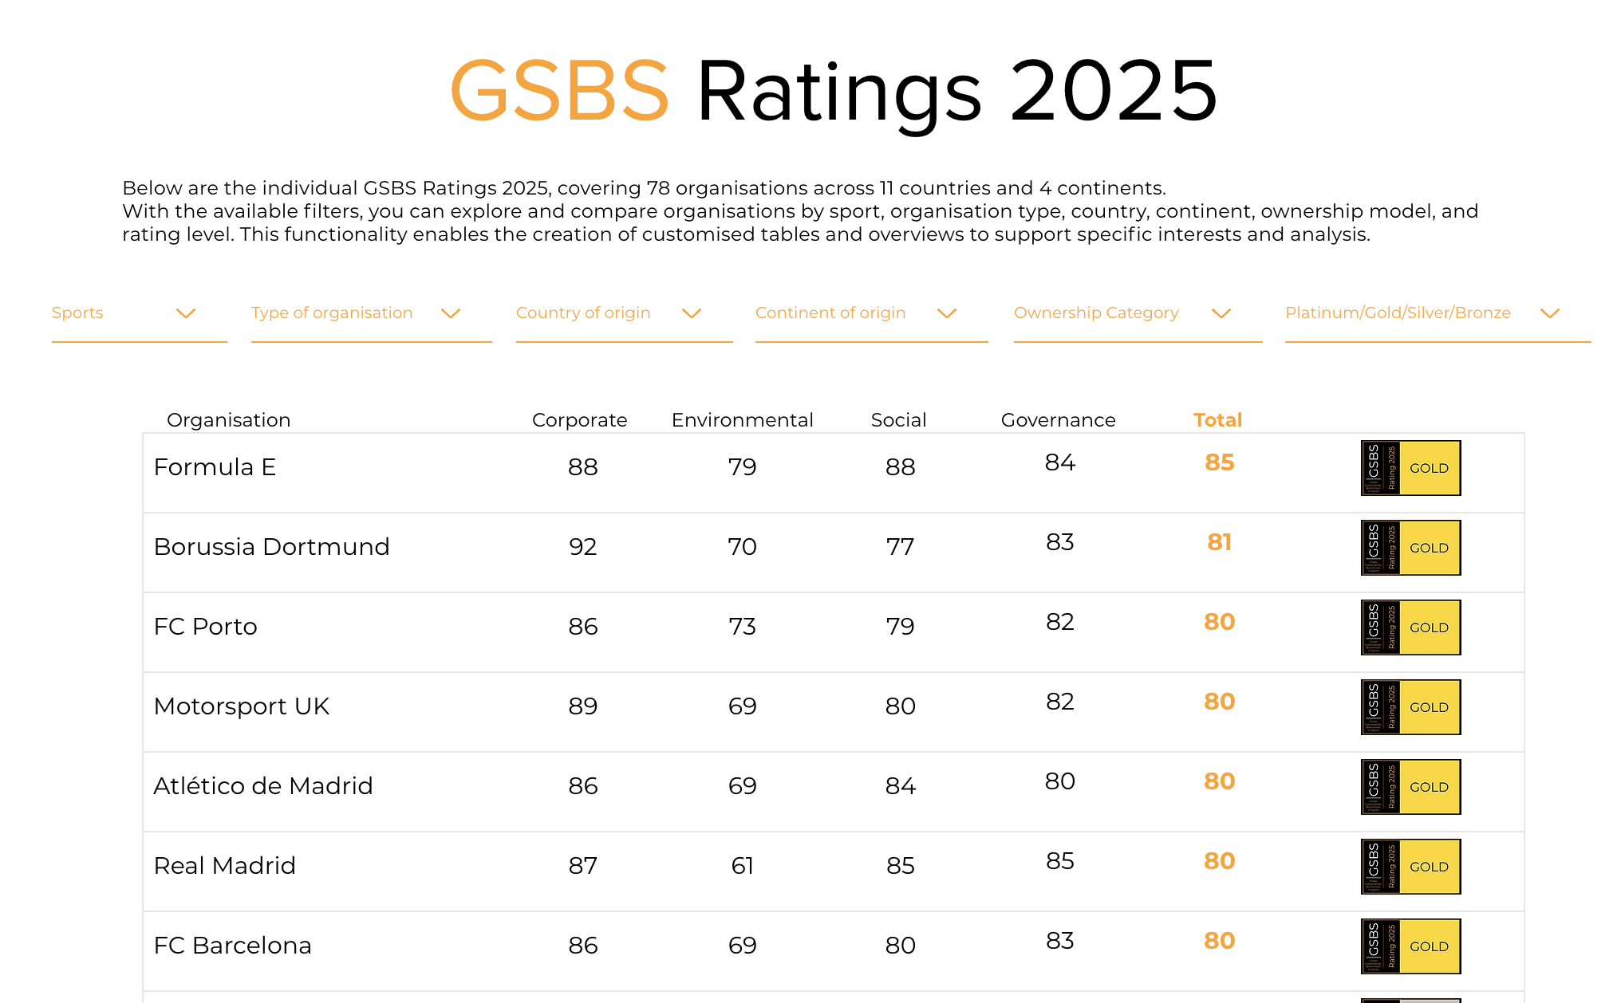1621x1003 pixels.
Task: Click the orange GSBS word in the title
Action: [x=559, y=92]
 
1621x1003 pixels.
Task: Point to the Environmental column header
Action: [x=742, y=420]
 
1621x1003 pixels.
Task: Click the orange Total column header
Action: [x=1217, y=420]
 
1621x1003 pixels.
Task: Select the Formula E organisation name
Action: [x=215, y=467]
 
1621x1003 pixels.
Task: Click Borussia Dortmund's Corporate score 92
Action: [x=582, y=547]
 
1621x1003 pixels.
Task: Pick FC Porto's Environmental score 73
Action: [x=742, y=627]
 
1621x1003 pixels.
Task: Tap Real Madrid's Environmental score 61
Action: [x=742, y=866]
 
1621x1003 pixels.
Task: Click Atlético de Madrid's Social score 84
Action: [x=900, y=786]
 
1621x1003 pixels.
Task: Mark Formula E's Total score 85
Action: [x=1219, y=462]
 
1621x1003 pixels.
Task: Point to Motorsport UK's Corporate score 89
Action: [x=582, y=706]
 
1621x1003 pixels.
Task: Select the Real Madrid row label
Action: [x=224, y=866]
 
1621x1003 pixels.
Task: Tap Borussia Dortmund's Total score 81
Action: [x=1219, y=542]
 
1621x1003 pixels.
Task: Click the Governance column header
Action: [x=1058, y=420]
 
